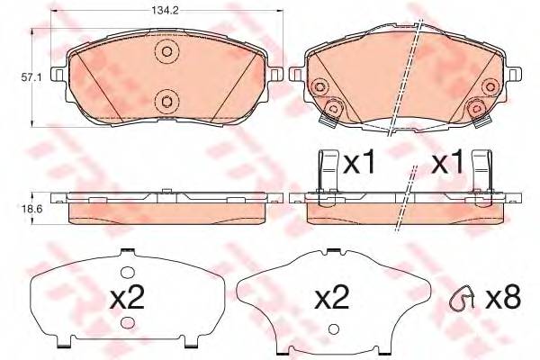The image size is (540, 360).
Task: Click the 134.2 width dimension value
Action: click(x=165, y=11)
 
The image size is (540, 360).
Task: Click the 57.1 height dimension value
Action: click(x=31, y=78)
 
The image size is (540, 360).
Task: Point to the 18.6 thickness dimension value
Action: click(x=31, y=209)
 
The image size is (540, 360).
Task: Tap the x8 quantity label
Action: click(x=503, y=297)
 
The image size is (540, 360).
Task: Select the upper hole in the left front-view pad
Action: click(x=167, y=51)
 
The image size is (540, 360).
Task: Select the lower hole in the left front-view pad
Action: click(x=167, y=102)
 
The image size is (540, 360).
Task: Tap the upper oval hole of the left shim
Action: click(x=127, y=273)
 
